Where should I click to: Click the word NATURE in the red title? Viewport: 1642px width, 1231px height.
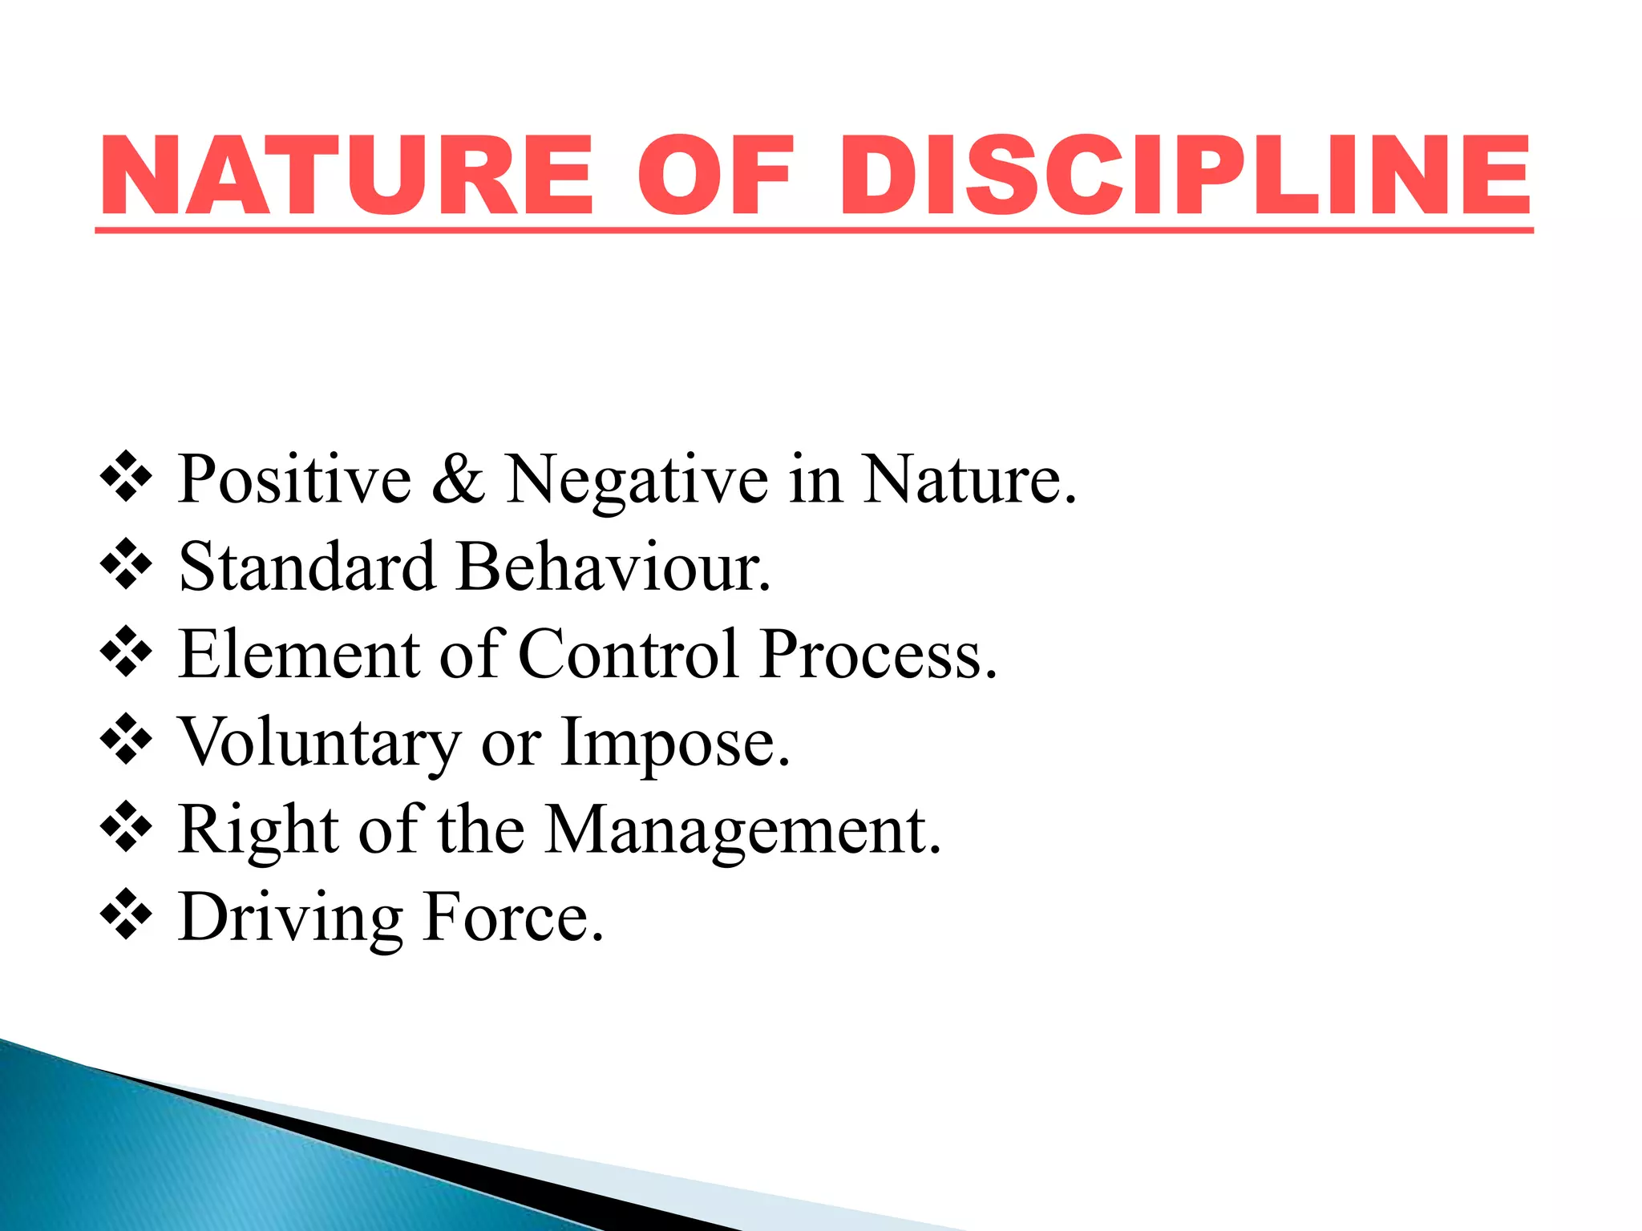pos(346,176)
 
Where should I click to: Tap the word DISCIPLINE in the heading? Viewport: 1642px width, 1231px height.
pos(1185,176)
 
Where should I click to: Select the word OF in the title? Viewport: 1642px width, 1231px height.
pos(715,176)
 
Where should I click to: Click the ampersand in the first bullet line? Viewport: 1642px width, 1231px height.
pos(458,478)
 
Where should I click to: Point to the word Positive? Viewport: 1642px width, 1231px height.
pos(294,479)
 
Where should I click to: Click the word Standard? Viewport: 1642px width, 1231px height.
pos(307,567)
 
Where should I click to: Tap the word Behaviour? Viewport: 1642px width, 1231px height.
pos(613,567)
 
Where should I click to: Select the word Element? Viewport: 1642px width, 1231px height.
pos(299,654)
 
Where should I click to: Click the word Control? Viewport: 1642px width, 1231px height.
pos(628,654)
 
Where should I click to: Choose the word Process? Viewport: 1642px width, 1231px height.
pos(879,654)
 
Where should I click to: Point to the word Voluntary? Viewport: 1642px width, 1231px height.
pos(319,744)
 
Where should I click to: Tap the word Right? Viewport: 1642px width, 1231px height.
pos(258,830)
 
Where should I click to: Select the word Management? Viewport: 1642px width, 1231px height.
pos(742,832)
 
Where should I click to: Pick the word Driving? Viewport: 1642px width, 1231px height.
pos(290,918)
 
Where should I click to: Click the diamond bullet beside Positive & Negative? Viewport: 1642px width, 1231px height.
pos(126,478)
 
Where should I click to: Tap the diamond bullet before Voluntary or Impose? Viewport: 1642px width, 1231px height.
pos(126,741)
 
